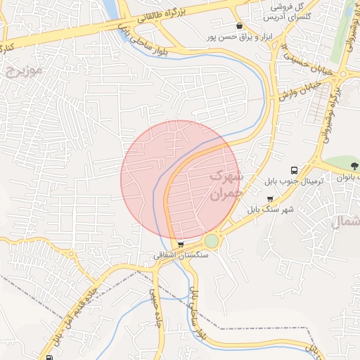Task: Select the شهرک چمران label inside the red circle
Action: click(226, 181)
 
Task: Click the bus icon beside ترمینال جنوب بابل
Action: click(295, 170)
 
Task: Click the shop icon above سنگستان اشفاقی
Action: click(181, 245)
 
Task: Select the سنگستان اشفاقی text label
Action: click(181, 257)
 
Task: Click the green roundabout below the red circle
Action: click(212, 241)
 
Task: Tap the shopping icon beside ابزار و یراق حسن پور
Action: click(240, 26)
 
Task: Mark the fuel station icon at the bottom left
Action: click(49, 356)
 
